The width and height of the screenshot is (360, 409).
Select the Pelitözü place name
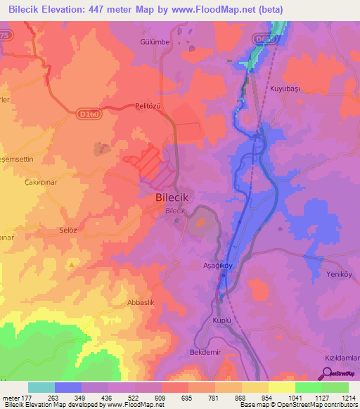pos(148,107)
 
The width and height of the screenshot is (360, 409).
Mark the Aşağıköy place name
pos(219,266)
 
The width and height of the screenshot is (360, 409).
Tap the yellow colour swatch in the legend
pos(281,387)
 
